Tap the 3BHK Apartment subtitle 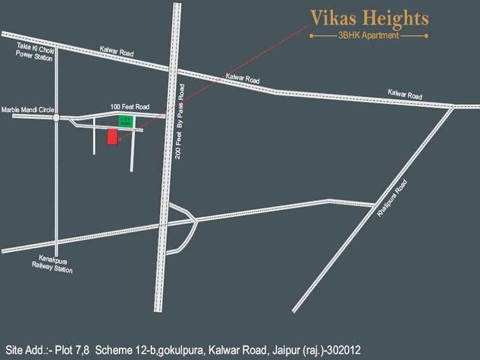[369, 36]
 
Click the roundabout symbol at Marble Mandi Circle [56, 118]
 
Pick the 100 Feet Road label [130, 107]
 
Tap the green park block [125, 122]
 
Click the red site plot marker [113, 137]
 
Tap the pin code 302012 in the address [346, 350]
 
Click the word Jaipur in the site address [286, 350]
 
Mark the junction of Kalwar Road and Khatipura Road [453, 106]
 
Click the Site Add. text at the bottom [25, 350]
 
